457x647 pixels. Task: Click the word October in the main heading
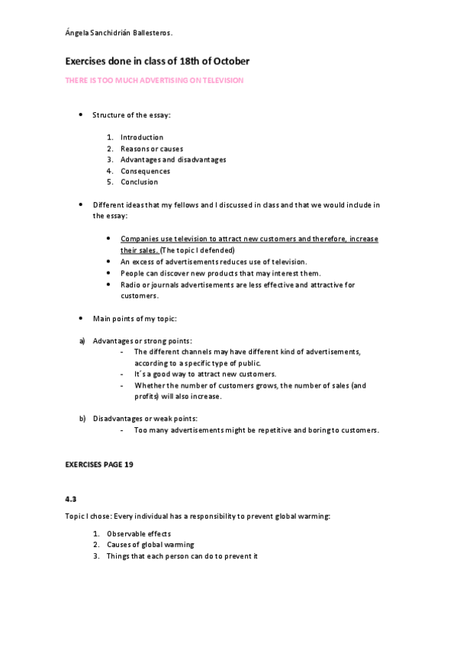click(x=227, y=60)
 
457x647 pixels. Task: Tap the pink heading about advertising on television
click(x=153, y=80)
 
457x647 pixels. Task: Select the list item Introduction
click(x=141, y=137)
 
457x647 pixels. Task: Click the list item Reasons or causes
click(x=151, y=149)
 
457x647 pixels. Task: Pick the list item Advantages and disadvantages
click(x=172, y=159)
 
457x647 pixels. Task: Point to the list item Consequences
click(x=145, y=171)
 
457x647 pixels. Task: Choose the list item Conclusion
click(x=139, y=182)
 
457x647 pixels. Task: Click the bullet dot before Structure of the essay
click(x=82, y=114)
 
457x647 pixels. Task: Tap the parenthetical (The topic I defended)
click(x=198, y=250)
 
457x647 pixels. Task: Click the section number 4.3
click(x=71, y=498)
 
